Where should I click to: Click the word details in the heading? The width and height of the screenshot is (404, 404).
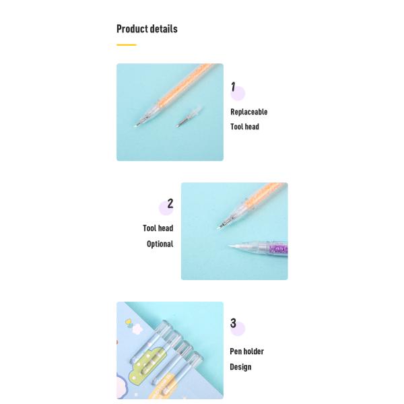pyautogui.click(x=164, y=28)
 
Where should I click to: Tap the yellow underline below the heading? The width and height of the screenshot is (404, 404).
pyautogui.click(x=127, y=45)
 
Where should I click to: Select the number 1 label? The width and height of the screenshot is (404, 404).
pyautogui.click(x=233, y=87)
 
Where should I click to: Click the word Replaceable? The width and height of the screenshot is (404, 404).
pyautogui.click(x=249, y=112)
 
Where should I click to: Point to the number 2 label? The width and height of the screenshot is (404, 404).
pyautogui.click(x=170, y=203)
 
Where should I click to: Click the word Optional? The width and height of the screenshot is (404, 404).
pyautogui.click(x=160, y=244)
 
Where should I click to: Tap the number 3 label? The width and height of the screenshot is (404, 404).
pyautogui.click(x=233, y=323)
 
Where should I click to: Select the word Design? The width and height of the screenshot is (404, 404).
pyautogui.click(x=240, y=367)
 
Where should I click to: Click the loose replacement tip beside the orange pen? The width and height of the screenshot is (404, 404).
pyautogui.click(x=189, y=116)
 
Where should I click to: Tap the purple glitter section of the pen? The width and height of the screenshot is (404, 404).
pyautogui.click(x=279, y=249)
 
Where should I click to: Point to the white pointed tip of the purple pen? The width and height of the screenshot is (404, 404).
pyautogui.click(x=233, y=246)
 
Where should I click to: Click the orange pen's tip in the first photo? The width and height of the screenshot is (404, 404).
pyautogui.click(x=135, y=127)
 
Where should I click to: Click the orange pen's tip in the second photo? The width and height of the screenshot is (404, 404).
pyautogui.click(x=219, y=228)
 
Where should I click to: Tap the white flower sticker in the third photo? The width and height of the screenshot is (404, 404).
pyautogui.click(x=136, y=329)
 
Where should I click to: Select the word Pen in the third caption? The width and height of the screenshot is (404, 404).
pyautogui.click(x=235, y=351)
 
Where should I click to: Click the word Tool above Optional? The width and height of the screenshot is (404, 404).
pyautogui.click(x=149, y=228)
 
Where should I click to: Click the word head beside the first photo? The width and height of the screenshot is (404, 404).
pyautogui.click(x=252, y=127)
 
